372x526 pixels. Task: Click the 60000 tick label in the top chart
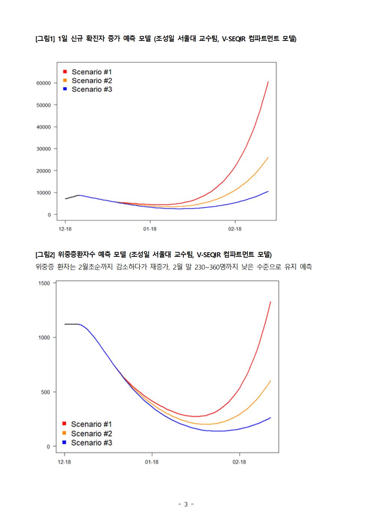coord(43,83)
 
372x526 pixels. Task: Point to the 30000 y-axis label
coord(43,149)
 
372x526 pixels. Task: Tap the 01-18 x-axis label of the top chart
coord(150,229)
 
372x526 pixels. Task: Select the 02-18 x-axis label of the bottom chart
coord(239,462)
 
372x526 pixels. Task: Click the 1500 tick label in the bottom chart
coord(44,283)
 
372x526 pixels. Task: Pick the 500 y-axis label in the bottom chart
coord(45,392)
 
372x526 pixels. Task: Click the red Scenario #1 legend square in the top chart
coord(65,72)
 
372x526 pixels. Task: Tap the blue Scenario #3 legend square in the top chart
coord(65,89)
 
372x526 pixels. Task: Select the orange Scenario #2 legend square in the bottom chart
coord(64,433)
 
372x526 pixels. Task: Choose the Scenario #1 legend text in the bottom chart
coord(91,424)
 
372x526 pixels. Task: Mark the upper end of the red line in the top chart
coord(268,81)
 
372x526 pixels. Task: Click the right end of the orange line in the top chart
coord(268,157)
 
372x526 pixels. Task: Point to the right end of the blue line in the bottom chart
coord(270,418)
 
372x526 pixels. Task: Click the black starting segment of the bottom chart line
coord(71,324)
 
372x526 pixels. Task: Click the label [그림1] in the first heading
coord(45,39)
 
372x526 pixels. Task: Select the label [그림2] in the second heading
coord(45,255)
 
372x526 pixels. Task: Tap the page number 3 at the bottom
coord(186,504)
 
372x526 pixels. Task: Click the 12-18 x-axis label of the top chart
coord(65,229)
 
